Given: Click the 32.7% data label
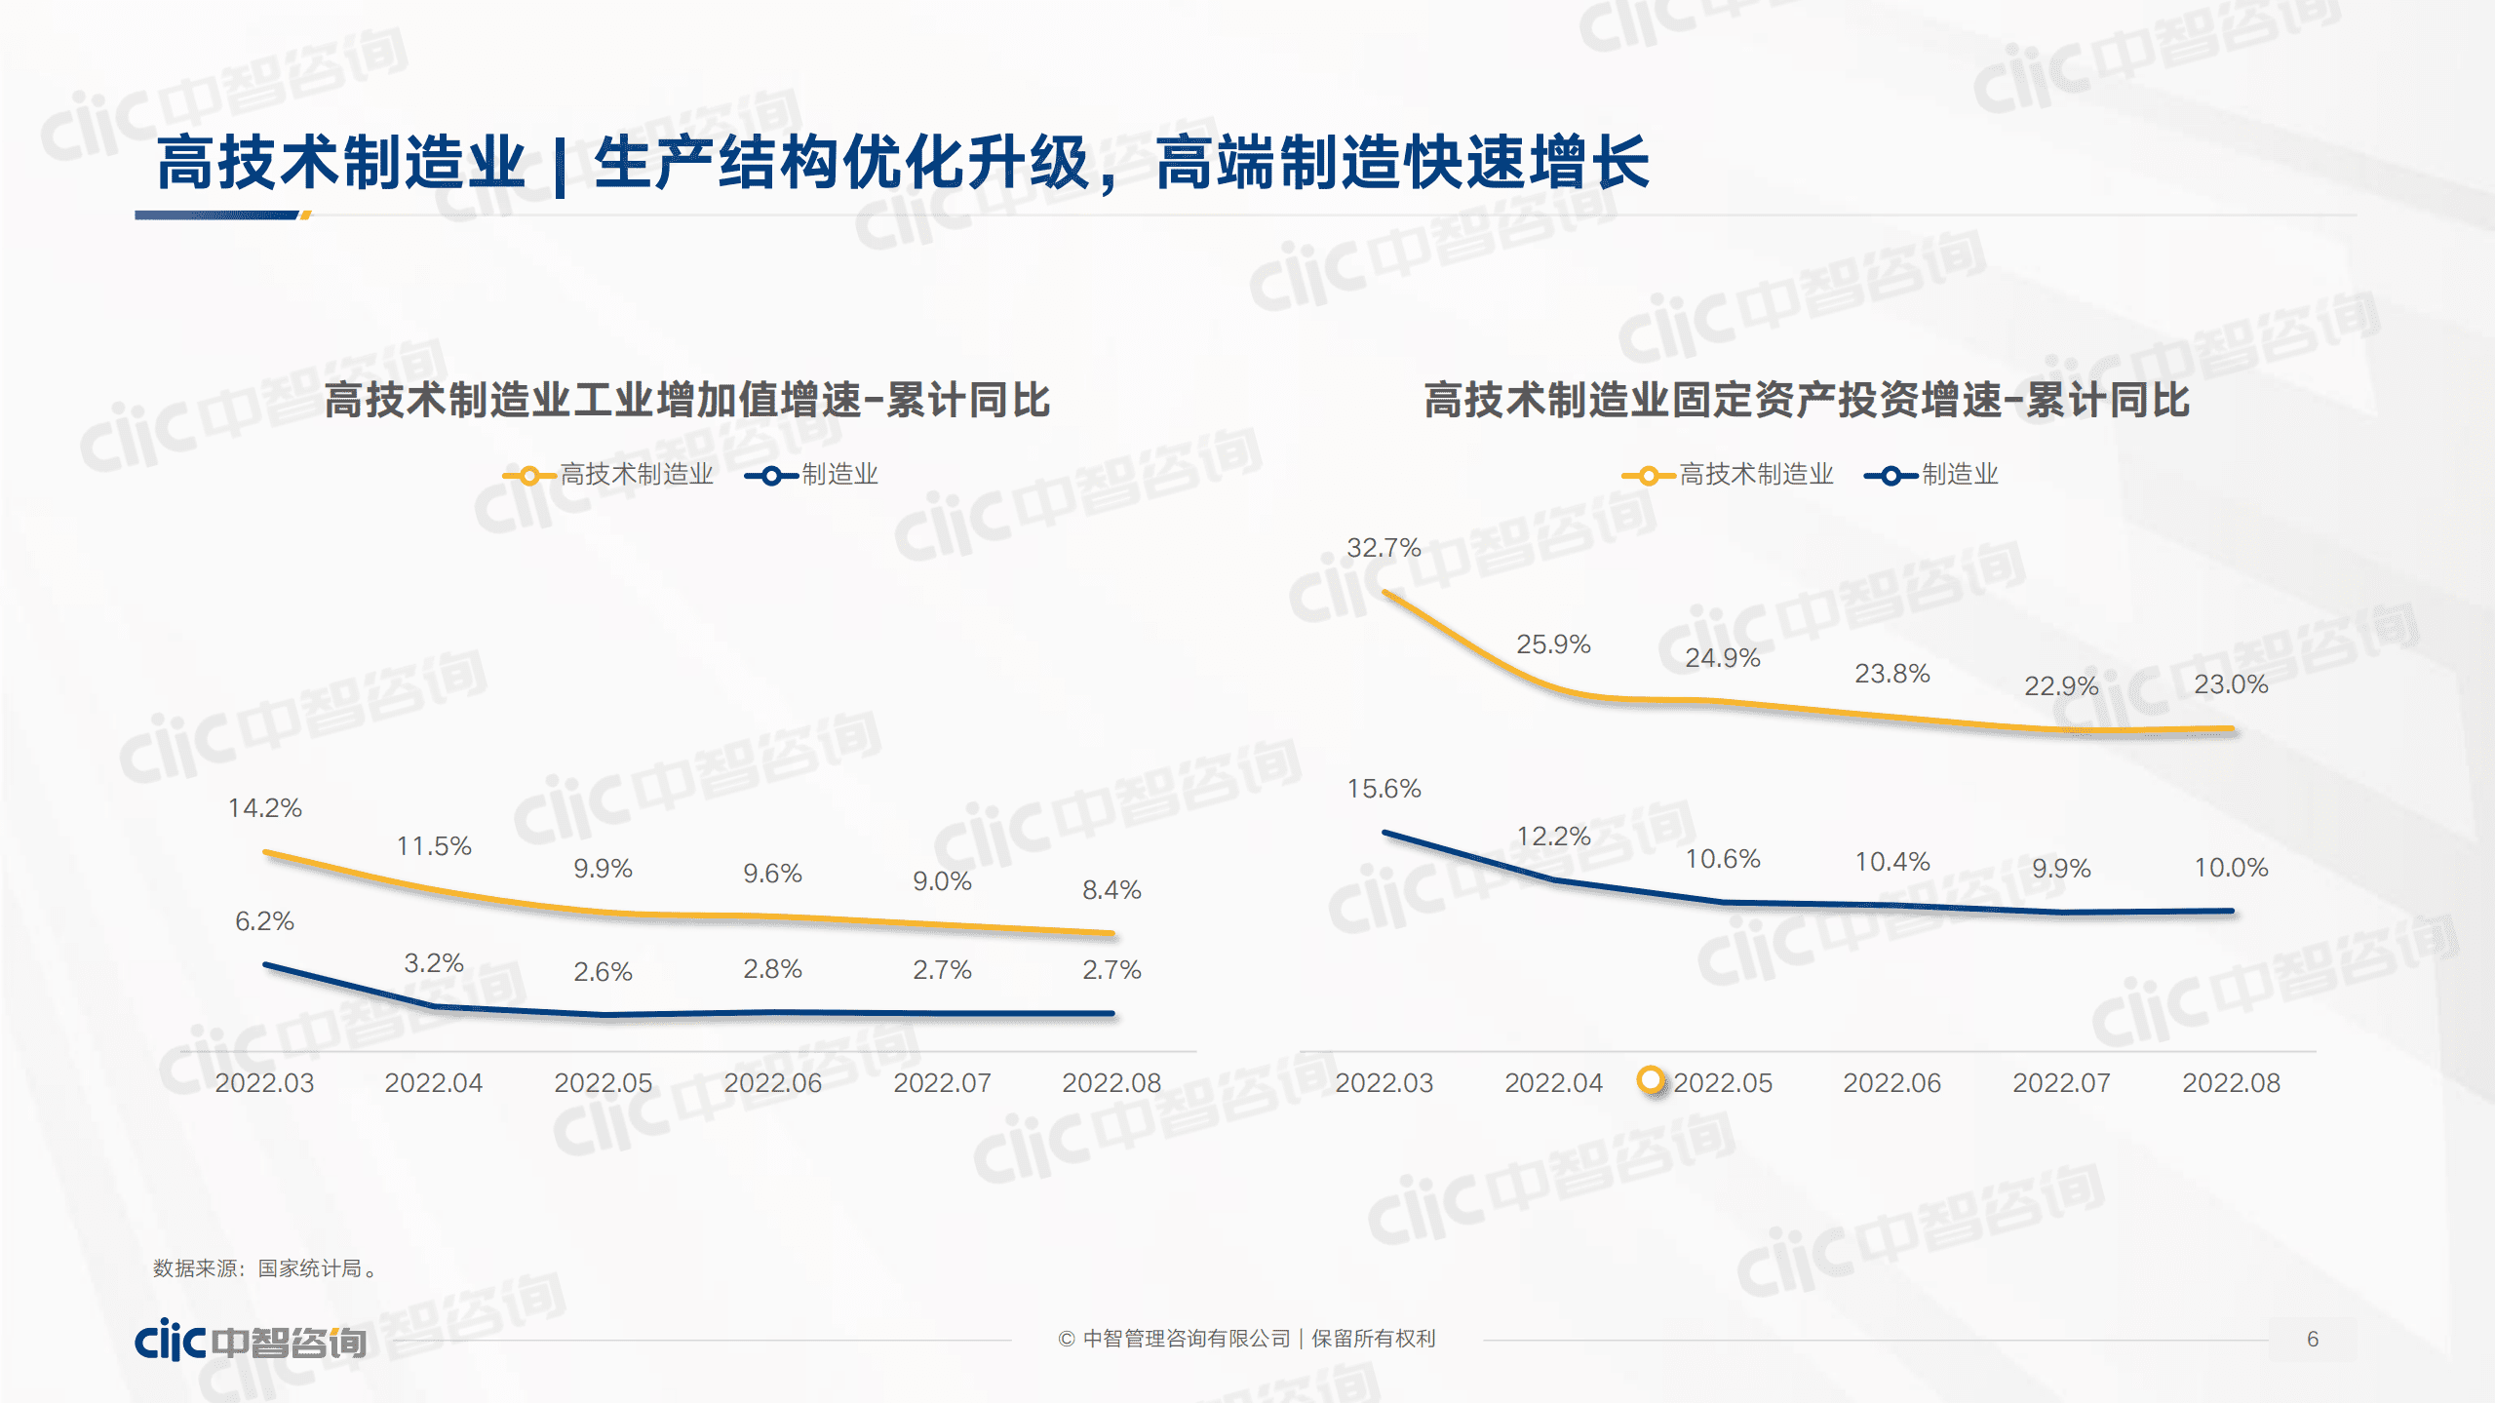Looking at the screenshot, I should pos(1383,548).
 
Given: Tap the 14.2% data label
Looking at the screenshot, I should pos(264,808).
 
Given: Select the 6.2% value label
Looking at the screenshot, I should pos(264,921).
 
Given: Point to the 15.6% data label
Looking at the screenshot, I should pos(1383,789).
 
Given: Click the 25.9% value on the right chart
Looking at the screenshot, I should pos(1552,644).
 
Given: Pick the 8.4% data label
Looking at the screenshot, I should pos(1111,890).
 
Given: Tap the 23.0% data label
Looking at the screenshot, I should pos(2230,684).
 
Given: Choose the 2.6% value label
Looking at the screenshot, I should pos(603,972).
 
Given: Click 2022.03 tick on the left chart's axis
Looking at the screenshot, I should pos(264,1083).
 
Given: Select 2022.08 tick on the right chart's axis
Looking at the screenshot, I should pos(2230,1083).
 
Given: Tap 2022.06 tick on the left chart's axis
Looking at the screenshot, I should pos(772,1083).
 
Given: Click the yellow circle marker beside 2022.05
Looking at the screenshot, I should pos(1651,1079).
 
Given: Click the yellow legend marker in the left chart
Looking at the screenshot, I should pos(528,476).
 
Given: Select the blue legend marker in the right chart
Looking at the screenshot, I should pos(1890,476).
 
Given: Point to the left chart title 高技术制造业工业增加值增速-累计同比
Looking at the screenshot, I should pos(686,401).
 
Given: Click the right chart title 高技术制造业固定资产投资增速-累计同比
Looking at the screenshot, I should pos(1806,401).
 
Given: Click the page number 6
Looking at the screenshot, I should pos(2312,1340).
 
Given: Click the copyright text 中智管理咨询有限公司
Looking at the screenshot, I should pos(1186,1340).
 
